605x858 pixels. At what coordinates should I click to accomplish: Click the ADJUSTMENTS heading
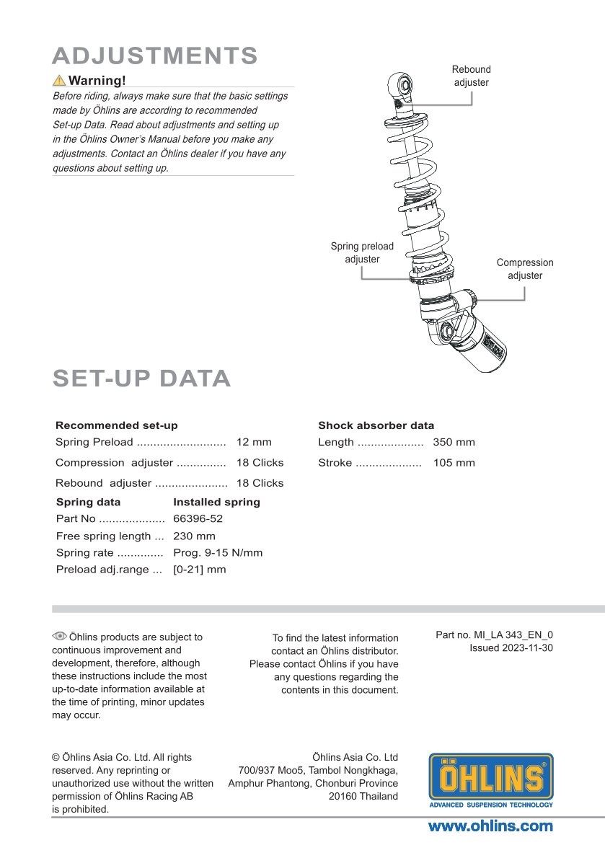click(x=155, y=56)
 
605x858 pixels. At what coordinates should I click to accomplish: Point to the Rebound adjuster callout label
click(x=471, y=76)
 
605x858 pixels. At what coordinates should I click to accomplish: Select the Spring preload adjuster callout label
click(x=362, y=252)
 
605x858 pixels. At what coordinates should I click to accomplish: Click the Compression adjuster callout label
click(x=525, y=269)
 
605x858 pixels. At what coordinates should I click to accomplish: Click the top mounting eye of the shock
click(x=402, y=85)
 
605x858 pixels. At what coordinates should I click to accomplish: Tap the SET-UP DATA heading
click(x=142, y=378)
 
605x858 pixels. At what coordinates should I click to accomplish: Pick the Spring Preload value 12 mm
click(x=254, y=442)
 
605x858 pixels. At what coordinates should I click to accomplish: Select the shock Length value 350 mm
click(x=454, y=442)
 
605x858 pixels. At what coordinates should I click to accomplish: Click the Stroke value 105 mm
click(x=454, y=463)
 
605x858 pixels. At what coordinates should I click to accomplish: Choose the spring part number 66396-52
click(x=198, y=518)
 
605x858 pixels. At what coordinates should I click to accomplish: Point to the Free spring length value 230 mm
click(x=194, y=536)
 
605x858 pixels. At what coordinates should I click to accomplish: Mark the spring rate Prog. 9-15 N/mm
click(x=218, y=553)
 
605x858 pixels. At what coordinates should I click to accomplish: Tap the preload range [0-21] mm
click(x=200, y=570)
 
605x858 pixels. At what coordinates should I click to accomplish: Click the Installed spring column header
click(x=216, y=502)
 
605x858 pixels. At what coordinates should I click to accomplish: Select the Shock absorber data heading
click(x=376, y=425)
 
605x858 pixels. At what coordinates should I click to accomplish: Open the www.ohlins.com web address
click(x=490, y=826)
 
